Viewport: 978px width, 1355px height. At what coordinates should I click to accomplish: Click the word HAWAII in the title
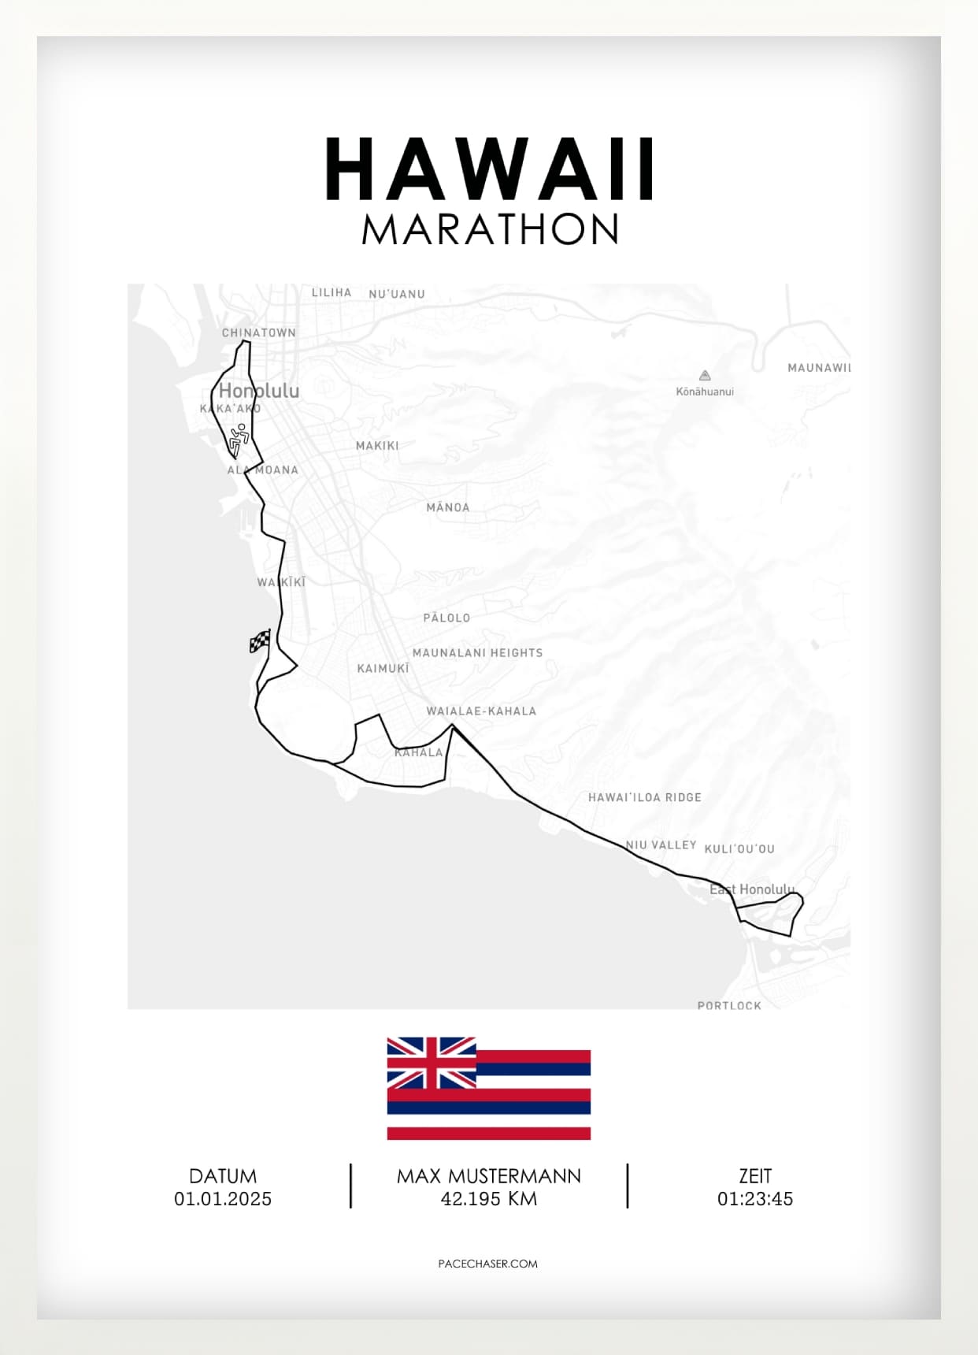pyautogui.click(x=489, y=169)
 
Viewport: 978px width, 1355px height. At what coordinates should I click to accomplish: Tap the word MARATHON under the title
pyautogui.click(x=490, y=229)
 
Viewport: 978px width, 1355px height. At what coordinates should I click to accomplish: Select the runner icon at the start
pyautogui.click(x=239, y=439)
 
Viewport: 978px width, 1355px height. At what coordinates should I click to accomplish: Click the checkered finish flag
pyautogui.click(x=260, y=641)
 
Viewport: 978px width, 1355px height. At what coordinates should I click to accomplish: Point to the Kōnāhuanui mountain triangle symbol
pyautogui.click(x=705, y=376)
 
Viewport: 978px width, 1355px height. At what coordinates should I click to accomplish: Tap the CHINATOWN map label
pyautogui.click(x=258, y=332)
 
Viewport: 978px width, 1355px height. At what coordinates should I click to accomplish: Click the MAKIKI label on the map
pyautogui.click(x=377, y=446)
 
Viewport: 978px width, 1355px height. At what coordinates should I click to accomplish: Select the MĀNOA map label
pyautogui.click(x=447, y=507)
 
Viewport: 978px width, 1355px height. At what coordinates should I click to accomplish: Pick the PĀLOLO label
pyautogui.click(x=446, y=618)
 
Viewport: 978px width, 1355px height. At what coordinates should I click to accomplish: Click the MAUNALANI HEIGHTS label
pyautogui.click(x=477, y=652)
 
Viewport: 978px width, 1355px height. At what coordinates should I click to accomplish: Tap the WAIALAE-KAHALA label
pyautogui.click(x=481, y=711)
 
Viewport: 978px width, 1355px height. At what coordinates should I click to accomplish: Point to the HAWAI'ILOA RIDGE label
pyautogui.click(x=644, y=797)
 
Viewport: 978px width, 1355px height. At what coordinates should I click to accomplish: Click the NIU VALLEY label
pyautogui.click(x=661, y=845)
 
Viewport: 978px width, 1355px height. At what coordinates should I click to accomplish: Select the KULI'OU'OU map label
pyautogui.click(x=739, y=848)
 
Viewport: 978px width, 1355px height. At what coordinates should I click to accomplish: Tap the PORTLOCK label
pyautogui.click(x=729, y=1005)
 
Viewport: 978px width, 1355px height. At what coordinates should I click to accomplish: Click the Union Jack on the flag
pyautogui.click(x=432, y=1062)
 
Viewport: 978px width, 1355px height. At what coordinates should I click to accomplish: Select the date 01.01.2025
pyautogui.click(x=223, y=1199)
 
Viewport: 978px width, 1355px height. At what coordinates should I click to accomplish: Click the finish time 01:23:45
pyautogui.click(x=754, y=1199)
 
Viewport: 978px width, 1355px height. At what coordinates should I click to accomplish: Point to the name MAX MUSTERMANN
pyautogui.click(x=488, y=1176)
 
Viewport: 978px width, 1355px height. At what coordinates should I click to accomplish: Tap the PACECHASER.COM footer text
pyautogui.click(x=488, y=1264)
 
